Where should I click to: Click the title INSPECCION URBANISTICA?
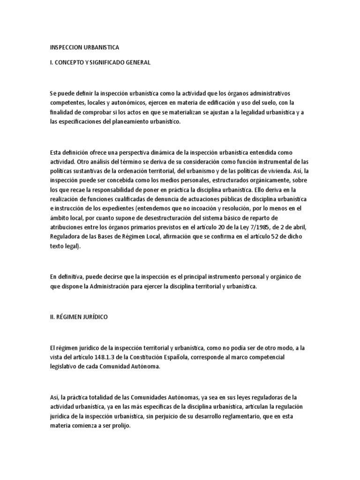pos(84,47)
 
